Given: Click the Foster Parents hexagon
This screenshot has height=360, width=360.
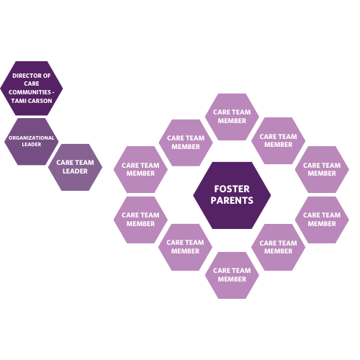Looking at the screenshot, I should click(232, 194).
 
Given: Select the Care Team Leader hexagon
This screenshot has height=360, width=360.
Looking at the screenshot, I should click(75, 167).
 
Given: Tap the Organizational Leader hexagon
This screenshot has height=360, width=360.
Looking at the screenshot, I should click(31, 141).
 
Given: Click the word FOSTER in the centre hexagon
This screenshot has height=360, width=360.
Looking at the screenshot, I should click(232, 189).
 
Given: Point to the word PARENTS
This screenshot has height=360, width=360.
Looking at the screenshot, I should click(232, 200).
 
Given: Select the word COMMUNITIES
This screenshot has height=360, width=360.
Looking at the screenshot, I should click(29, 92).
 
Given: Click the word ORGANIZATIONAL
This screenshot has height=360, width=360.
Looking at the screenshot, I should click(31, 138).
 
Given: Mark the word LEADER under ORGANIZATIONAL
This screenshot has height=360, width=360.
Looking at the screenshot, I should click(31, 145).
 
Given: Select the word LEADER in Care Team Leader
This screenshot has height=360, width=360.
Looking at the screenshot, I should click(75, 171).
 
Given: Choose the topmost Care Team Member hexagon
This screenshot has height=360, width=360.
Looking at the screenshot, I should click(232, 117).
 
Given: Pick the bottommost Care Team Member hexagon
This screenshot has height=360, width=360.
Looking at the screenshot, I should click(232, 274).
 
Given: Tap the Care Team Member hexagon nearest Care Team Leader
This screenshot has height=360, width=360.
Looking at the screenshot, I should click(140, 169).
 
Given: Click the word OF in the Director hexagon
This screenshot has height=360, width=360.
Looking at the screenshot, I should click(47, 76).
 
